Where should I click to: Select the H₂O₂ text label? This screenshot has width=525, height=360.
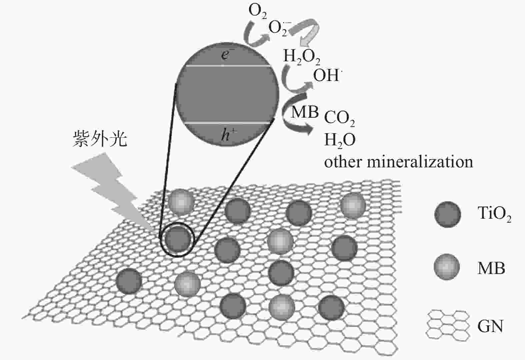[302, 57]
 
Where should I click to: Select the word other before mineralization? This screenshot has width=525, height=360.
[343, 162]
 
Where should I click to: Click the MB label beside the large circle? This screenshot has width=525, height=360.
[305, 112]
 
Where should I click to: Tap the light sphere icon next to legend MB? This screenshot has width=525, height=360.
[447, 267]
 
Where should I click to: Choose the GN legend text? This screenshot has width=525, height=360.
[490, 326]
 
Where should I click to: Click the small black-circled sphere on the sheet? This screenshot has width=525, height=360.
[177, 239]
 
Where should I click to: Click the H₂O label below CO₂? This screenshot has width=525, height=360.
[340, 140]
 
